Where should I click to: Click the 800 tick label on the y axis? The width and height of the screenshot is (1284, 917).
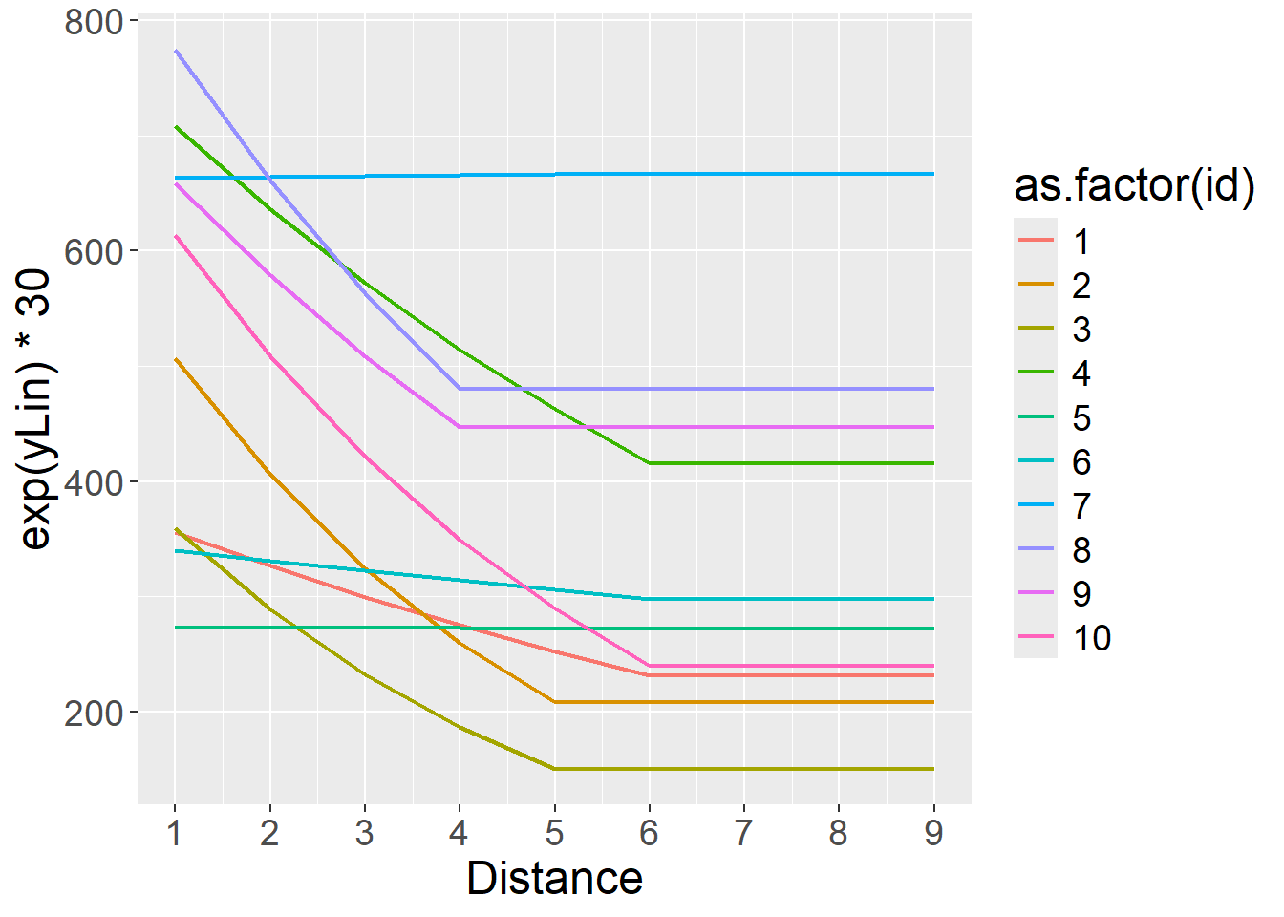[94, 21]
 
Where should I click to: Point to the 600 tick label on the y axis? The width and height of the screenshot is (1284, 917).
[94, 251]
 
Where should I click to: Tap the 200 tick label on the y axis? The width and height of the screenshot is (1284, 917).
[94, 713]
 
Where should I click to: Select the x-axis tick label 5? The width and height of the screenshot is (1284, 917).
[554, 833]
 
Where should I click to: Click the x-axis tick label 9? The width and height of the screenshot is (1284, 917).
[933, 833]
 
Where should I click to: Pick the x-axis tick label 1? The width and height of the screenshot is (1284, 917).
[175, 833]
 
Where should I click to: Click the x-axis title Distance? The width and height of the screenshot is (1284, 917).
[554, 879]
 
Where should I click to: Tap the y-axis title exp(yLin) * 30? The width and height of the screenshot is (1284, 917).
[35, 411]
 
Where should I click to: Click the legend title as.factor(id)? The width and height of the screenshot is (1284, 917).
[1134, 185]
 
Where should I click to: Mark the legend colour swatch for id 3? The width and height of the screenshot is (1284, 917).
[1036, 330]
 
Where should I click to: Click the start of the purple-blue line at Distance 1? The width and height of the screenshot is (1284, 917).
[176, 51]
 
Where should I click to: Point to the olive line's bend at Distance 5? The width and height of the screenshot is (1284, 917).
[554, 769]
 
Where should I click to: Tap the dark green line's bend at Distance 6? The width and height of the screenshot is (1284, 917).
[650, 463]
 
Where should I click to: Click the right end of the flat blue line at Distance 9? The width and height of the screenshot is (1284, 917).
[933, 174]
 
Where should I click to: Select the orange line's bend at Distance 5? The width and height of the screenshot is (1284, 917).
[554, 702]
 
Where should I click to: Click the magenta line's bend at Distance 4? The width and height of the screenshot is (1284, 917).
[460, 427]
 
